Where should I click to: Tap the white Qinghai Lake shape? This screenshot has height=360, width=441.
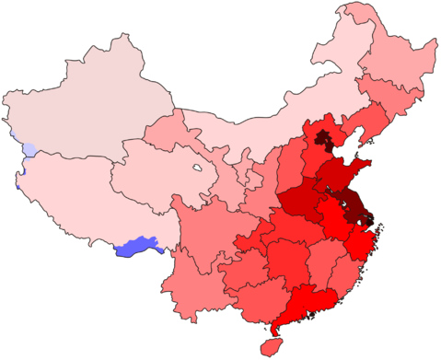pos(197,168)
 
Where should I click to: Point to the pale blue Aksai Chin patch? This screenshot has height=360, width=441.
pos(30,148)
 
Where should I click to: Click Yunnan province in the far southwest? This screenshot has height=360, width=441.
pos(198,285)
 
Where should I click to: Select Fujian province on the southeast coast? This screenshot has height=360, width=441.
pos(345,272)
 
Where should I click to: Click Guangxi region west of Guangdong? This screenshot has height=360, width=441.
pos(258,295)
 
